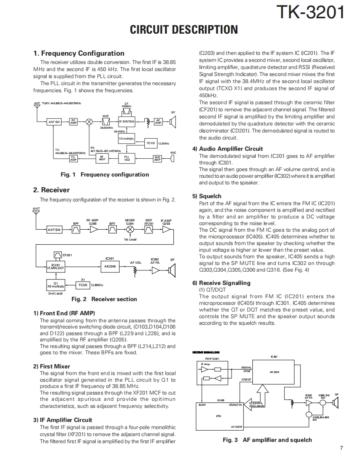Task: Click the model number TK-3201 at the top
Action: tap(311, 13)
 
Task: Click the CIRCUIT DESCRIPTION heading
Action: tap(184, 30)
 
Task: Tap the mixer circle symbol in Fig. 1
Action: tap(89, 122)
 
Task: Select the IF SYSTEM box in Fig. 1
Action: tap(127, 122)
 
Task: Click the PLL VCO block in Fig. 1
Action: tap(127, 158)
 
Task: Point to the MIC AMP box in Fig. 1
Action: tap(157, 158)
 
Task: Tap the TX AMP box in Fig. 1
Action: tap(73, 158)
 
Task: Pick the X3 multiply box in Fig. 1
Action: tap(126, 138)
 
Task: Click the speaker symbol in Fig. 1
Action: tap(173, 122)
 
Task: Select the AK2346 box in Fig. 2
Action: tap(110, 266)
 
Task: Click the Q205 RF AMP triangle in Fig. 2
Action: tap(92, 230)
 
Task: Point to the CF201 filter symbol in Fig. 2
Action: tap(58, 255)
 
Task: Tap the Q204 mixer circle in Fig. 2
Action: tap(130, 230)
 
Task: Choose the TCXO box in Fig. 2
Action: tap(83, 285)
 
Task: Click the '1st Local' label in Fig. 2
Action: tap(130, 239)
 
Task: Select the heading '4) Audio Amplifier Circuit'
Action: tap(231, 149)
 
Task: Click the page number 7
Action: tap(341, 448)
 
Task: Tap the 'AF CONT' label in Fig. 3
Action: tap(237, 427)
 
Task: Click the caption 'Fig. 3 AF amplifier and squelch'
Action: tap(267, 440)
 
